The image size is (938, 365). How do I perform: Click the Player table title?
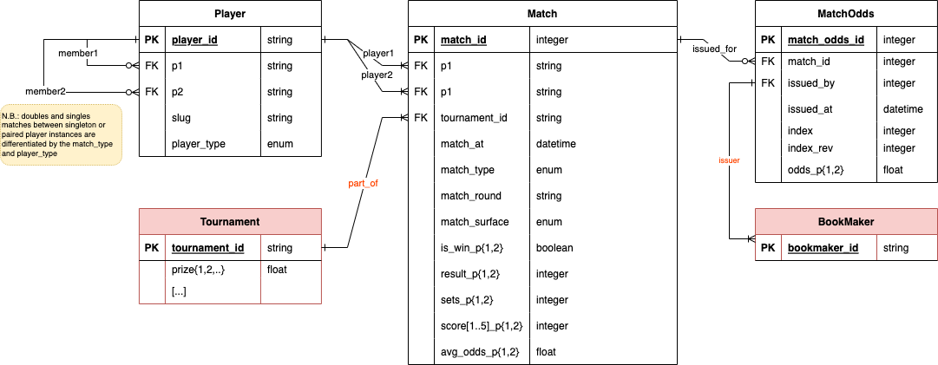[230, 13]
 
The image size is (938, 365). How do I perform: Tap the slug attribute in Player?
[181, 118]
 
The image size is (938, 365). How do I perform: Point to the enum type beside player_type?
[280, 144]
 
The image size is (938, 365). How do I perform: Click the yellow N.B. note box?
[62, 134]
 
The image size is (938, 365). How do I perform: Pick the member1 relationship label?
[78, 53]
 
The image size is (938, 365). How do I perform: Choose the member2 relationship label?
[45, 91]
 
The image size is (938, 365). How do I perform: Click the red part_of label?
[363, 184]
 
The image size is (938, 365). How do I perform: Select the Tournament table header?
[230, 222]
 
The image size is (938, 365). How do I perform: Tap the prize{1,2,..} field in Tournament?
[198, 270]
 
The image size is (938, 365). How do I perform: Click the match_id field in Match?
[463, 40]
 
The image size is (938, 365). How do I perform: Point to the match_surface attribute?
[475, 222]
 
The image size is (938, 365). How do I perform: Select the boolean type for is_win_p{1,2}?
[554, 247]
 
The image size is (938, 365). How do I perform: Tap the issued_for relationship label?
[715, 49]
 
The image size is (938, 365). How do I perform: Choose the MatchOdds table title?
[846, 13]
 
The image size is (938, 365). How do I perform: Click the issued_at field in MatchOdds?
[810, 108]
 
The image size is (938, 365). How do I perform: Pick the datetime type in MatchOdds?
[903, 108]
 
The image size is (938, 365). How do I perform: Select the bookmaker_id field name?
[823, 247]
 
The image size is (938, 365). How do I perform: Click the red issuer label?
[730, 160]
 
